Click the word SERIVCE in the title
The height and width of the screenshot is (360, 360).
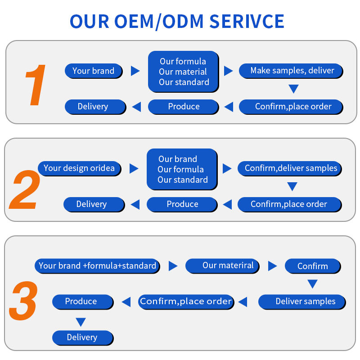pyautogui.click(x=247, y=21)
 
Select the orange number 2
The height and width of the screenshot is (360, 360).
pyautogui.click(x=25, y=189)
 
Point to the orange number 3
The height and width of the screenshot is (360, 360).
pyautogui.click(x=23, y=300)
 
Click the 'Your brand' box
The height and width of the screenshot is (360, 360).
pyautogui.click(x=94, y=71)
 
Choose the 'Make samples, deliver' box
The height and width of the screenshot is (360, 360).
pyautogui.click(x=291, y=71)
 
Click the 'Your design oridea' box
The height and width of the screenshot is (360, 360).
pyautogui.click(x=80, y=168)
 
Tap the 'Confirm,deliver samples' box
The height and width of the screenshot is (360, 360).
pyautogui.click(x=290, y=168)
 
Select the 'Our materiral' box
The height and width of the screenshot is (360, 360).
pyautogui.click(x=222, y=266)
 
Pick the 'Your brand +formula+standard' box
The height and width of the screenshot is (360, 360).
pyautogui.click(x=97, y=266)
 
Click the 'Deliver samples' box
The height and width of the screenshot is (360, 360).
pyautogui.click(x=302, y=302)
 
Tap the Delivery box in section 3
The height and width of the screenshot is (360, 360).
pyautogui.click(x=83, y=338)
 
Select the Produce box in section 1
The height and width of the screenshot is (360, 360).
pyautogui.click(x=184, y=107)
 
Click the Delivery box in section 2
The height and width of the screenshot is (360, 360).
pyautogui.click(x=94, y=204)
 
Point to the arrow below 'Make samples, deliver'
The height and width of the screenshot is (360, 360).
pyautogui.click(x=294, y=89)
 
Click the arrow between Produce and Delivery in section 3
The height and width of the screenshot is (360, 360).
pyautogui.click(x=81, y=322)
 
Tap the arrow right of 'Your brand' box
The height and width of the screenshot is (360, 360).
pyautogui.click(x=135, y=71)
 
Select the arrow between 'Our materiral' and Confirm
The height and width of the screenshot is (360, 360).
pyautogui.click(x=273, y=266)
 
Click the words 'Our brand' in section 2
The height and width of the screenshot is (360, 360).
pyautogui.click(x=178, y=159)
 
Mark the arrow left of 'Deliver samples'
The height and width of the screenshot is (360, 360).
pyautogui.click(x=243, y=302)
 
